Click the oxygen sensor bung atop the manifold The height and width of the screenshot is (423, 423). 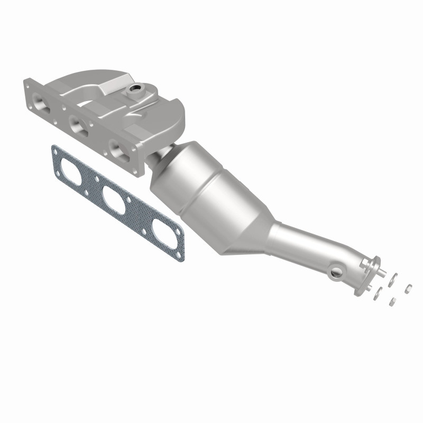pyautogui.click(x=137, y=89)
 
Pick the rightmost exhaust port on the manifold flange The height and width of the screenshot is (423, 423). pyautogui.click(x=115, y=148)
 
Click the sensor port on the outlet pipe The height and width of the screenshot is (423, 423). pyautogui.click(x=335, y=272)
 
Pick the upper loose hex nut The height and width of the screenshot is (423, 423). pyautogui.click(x=408, y=288)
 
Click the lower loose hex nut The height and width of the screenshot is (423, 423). pyautogui.click(x=392, y=301)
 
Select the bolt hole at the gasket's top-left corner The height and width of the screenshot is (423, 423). pyautogui.click(x=56, y=152)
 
